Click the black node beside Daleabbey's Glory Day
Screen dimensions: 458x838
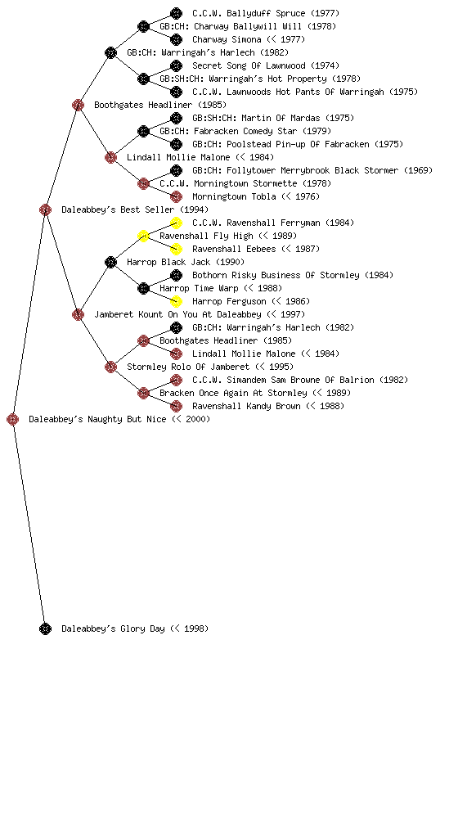click(45, 628)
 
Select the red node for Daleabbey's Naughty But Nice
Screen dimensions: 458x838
click(13, 419)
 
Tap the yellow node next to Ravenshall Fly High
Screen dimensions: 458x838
click(143, 236)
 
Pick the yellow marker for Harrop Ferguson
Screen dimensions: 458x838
click(176, 301)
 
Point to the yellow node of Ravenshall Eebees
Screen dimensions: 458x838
click(176, 249)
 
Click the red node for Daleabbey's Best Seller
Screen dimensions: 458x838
click(45, 209)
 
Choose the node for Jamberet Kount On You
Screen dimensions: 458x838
click(78, 314)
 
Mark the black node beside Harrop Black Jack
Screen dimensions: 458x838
click(110, 262)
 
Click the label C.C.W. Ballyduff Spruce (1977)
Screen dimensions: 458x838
click(266, 13)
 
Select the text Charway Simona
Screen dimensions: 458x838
click(227, 39)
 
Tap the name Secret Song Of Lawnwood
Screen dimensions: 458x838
click(249, 65)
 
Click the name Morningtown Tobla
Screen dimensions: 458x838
click(235, 196)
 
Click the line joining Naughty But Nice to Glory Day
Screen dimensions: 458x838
click(29, 524)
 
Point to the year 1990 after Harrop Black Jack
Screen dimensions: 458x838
click(231, 262)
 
